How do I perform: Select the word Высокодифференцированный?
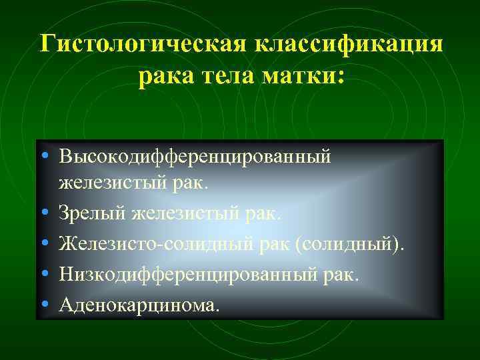click(195, 157)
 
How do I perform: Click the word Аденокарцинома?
click(138, 305)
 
